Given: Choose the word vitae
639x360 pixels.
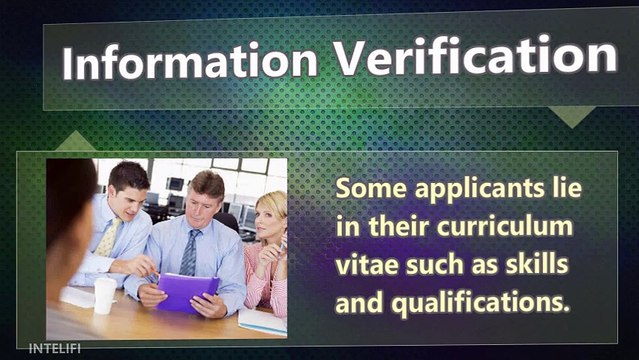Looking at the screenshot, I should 365,265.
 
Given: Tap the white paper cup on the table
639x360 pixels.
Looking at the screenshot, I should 104,295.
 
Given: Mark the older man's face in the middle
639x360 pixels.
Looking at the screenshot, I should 206,199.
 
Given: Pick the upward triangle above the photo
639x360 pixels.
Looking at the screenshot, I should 75,142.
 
